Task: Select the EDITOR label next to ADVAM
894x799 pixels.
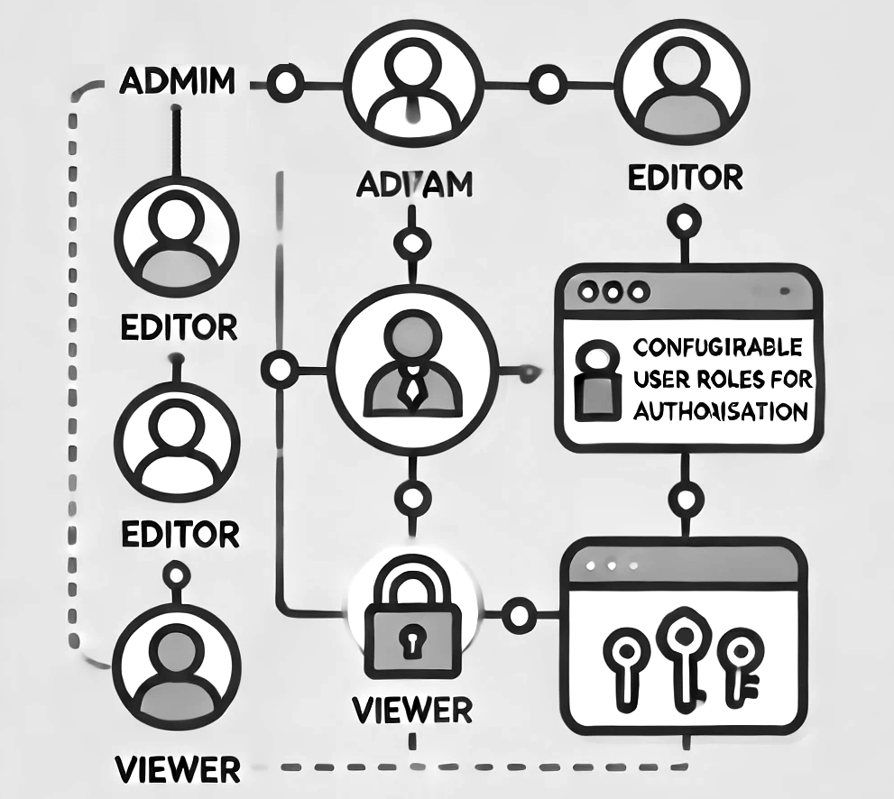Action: (684, 177)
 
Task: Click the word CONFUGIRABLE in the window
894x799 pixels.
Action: (717, 347)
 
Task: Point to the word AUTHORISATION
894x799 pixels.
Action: (719, 412)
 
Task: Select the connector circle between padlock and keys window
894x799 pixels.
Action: (519, 617)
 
